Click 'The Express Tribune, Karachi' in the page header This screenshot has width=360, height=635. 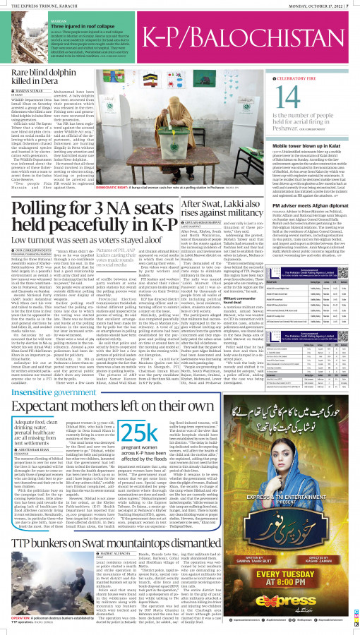tap(39, 6)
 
